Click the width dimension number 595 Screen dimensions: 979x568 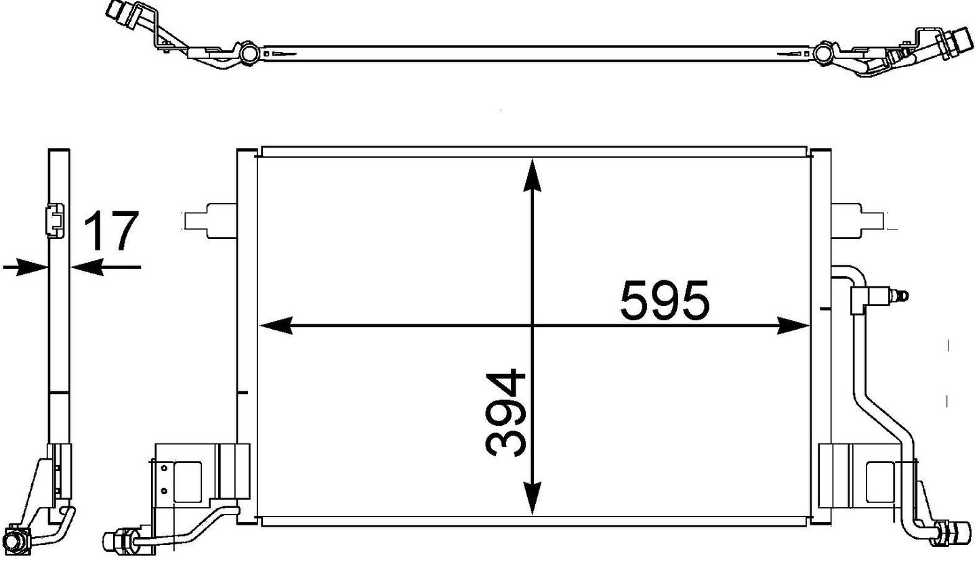[665, 301]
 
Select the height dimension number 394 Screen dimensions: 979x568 [505, 413]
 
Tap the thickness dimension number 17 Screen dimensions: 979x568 [111, 231]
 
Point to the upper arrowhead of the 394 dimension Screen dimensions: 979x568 [532, 175]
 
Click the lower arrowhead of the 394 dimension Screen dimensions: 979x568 [532, 498]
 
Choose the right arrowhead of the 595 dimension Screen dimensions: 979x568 [793, 326]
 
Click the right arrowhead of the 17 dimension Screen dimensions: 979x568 [87, 267]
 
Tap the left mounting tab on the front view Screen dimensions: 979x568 [211, 221]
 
